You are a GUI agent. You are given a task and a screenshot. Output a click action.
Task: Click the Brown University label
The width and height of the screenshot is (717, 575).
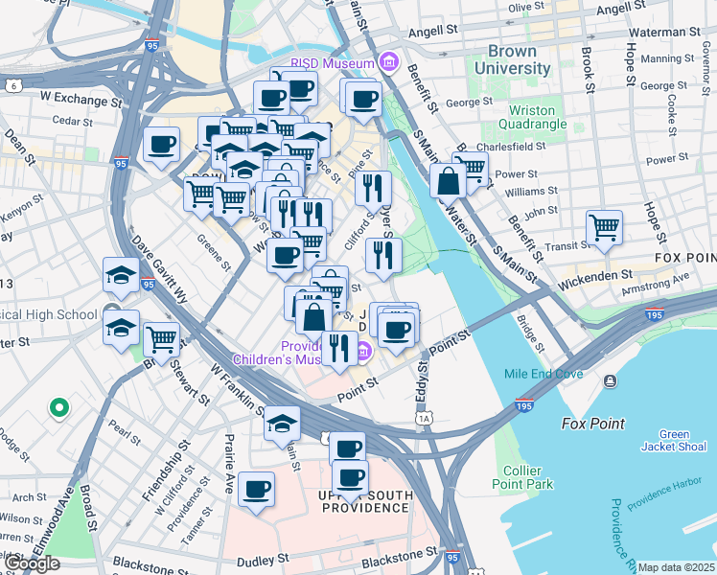[x=519, y=59]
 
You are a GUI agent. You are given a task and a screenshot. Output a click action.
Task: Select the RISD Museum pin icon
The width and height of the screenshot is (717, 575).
[x=389, y=63]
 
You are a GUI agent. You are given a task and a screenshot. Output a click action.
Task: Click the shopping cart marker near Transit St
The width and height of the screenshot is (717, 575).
[x=604, y=228]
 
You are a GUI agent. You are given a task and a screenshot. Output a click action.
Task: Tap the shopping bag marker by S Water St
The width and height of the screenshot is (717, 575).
[x=448, y=179]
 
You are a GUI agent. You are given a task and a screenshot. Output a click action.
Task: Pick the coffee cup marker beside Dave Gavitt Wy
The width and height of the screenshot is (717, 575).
[x=161, y=145]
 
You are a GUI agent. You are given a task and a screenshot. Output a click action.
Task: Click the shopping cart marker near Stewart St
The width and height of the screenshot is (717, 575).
[x=161, y=339]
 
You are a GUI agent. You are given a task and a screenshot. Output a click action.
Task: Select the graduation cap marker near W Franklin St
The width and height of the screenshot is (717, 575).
[x=282, y=423]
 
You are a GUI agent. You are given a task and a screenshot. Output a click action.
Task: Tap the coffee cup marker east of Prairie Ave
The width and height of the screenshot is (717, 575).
[x=256, y=489]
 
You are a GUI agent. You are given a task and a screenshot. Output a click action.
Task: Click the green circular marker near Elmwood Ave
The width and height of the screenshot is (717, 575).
[x=58, y=408]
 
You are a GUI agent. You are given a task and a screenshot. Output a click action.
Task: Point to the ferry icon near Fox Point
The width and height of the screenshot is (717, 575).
[x=611, y=382]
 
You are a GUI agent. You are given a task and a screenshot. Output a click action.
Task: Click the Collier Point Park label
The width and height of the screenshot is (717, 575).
[x=528, y=477]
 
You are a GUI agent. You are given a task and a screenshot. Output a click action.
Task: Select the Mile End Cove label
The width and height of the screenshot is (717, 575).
[x=536, y=374]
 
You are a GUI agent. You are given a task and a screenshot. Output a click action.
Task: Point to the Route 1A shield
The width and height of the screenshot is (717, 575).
[x=423, y=419]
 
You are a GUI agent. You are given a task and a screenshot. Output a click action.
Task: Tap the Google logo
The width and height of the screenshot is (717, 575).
[x=33, y=564]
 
